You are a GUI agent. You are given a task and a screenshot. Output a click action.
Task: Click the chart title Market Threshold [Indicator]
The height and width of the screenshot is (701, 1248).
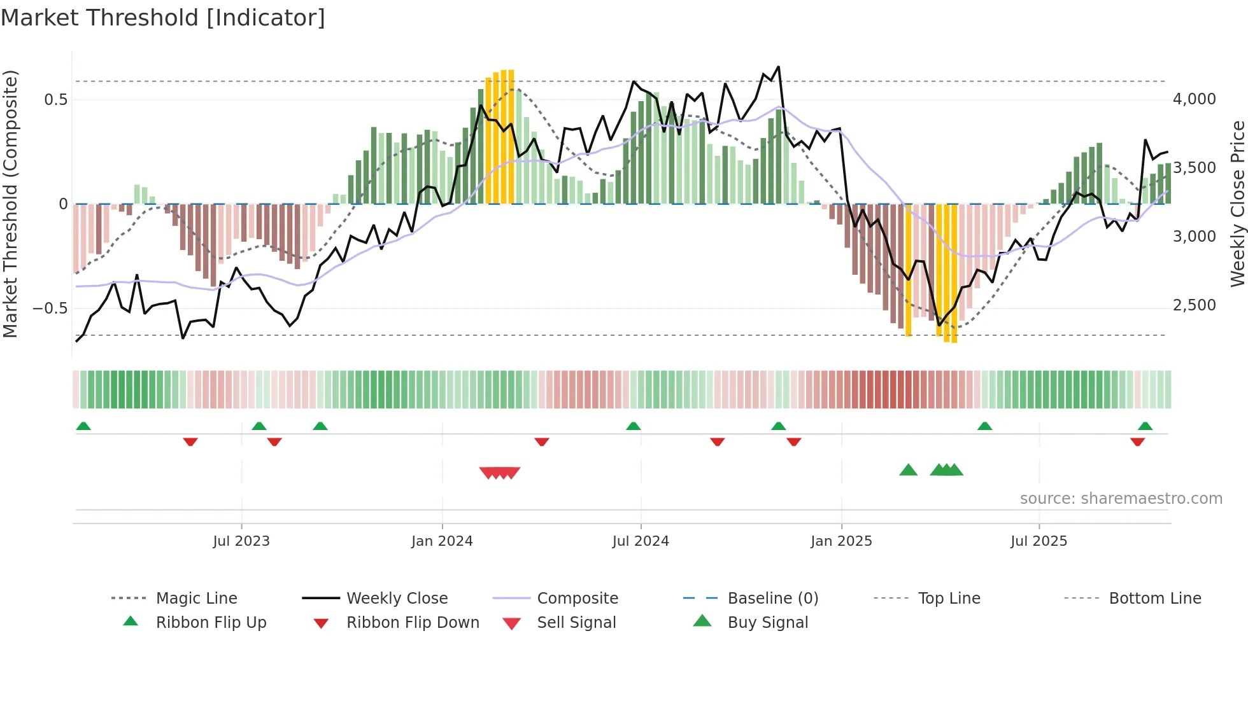(163, 18)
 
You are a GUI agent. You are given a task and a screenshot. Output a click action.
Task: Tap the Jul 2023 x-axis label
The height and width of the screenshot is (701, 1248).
(241, 541)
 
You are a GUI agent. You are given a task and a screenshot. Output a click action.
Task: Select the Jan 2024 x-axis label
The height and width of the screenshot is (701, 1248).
(442, 541)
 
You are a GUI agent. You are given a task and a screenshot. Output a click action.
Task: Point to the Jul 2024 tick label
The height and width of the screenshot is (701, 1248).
(641, 541)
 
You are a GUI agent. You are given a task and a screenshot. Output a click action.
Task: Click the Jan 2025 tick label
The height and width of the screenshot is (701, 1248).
(841, 541)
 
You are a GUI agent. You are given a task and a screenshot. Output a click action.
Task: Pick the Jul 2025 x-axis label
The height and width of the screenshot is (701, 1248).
(1039, 541)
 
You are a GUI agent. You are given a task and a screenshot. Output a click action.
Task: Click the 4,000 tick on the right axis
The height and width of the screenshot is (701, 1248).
(1194, 99)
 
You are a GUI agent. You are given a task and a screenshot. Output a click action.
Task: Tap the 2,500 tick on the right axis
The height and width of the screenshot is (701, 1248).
(1194, 305)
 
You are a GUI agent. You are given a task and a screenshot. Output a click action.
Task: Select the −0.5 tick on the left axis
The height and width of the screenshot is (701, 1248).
(50, 309)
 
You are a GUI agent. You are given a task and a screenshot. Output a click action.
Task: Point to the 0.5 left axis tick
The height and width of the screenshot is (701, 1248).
(56, 100)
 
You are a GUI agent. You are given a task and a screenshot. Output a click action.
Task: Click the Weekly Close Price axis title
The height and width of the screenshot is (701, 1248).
(1237, 204)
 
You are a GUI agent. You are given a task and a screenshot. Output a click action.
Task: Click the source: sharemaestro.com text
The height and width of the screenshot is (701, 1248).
(1121, 499)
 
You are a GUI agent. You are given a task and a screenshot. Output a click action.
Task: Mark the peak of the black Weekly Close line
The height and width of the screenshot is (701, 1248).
(778, 67)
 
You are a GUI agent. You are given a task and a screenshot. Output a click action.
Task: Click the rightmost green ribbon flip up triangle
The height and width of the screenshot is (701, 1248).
(1145, 426)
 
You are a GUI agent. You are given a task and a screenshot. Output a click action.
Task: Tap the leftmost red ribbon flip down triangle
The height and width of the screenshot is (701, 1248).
(190, 441)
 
